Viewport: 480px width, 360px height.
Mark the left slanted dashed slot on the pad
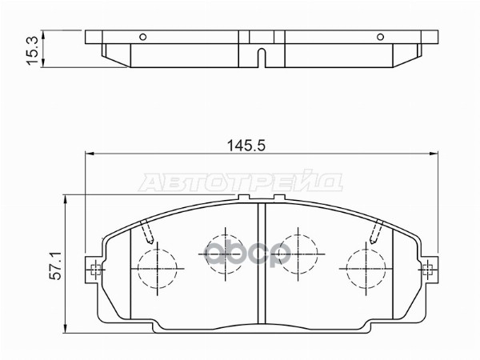click(146, 232)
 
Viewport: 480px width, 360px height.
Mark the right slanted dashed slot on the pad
click(374, 232)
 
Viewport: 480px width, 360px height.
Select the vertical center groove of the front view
click(261, 264)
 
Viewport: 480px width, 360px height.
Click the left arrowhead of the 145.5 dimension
click(90, 154)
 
